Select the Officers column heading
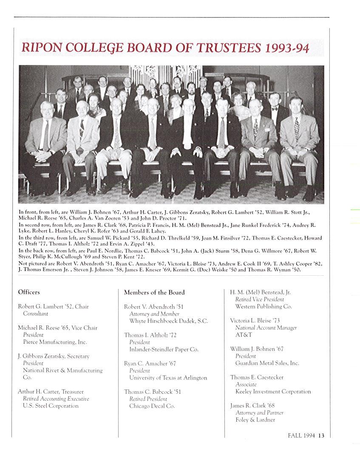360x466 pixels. [29, 292]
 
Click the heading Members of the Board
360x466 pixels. [154, 292]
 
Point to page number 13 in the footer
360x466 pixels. [321, 435]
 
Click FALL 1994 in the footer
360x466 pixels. [301, 435]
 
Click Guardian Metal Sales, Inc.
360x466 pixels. [267, 363]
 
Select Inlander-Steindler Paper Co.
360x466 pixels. [164, 349]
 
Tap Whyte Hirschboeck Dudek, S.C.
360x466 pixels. [168, 321]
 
